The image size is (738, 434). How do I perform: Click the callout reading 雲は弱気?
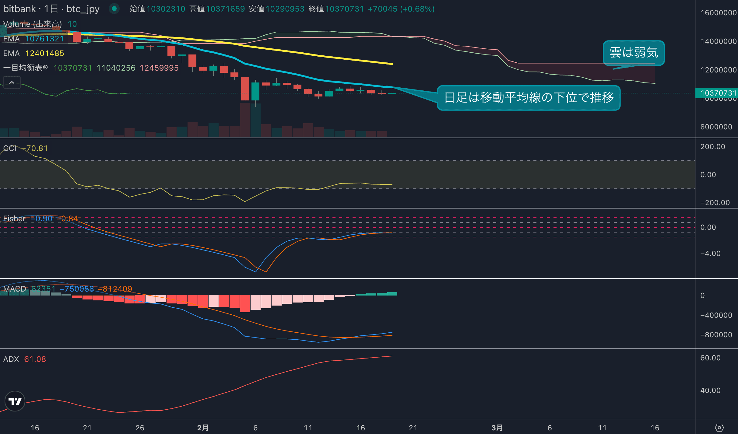click(x=634, y=53)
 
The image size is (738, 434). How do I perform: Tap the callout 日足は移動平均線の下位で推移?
click(x=529, y=98)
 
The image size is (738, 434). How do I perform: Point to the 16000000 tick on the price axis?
click(x=718, y=13)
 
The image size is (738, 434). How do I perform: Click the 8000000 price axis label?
click(x=716, y=127)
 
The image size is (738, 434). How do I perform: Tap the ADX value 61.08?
click(x=35, y=359)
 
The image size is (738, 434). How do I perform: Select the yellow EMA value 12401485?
click(x=44, y=53)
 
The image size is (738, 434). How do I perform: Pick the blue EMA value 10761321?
click(x=44, y=39)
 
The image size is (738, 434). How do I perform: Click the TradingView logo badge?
click(x=15, y=401)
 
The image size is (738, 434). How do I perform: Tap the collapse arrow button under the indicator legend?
click(x=12, y=82)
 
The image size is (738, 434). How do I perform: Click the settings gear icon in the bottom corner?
click(x=719, y=427)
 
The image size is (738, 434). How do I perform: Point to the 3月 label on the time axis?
click(x=497, y=428)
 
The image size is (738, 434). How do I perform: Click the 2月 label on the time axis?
click(x=203, y=428)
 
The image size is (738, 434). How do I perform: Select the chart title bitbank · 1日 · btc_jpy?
click(x=51, y=9)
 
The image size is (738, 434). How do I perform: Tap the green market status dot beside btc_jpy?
click(x=114, y=9)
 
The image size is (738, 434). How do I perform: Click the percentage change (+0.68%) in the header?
click(x=417, y=9)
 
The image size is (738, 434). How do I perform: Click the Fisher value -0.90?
click(x=43, y=219)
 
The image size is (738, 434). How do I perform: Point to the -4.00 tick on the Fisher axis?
click(x=710, y=254)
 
